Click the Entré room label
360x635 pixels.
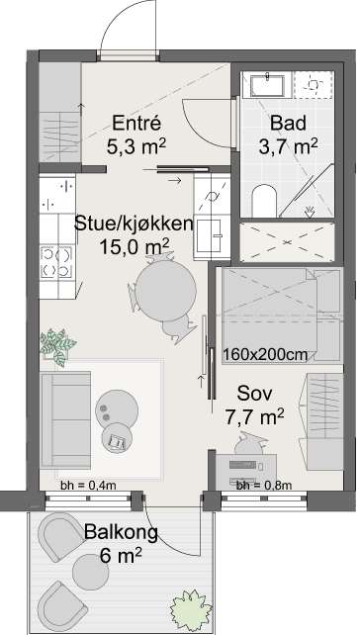(x=137, y=126)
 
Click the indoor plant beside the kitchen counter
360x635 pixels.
(x=56, y=344)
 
